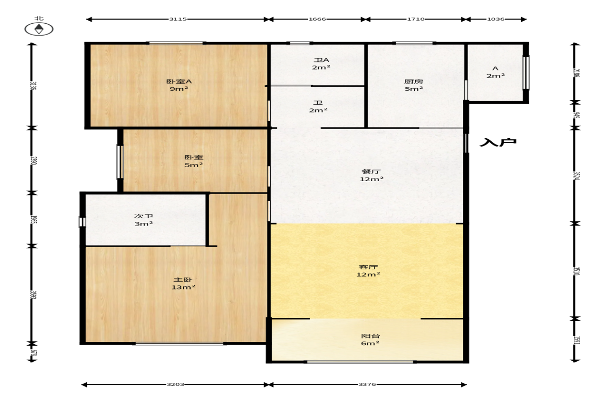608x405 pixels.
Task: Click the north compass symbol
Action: [x=39, y=29]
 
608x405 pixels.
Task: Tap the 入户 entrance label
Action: [x=498, y=142]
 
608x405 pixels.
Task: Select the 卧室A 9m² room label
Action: [x=179, y=85]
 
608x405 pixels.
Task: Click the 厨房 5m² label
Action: [x=414, y=85]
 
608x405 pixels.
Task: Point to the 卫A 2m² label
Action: [x=321, y=64]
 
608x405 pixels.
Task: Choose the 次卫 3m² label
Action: [x=144, y=220]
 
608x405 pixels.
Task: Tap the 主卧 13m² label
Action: [x=183, y=283]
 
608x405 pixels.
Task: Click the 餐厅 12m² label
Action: [x=371, y=175]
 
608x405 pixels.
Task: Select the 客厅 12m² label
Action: [x=368, y=271]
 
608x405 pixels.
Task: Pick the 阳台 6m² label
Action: [x=370, y=339]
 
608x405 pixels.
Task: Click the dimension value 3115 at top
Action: [x=178, y=19]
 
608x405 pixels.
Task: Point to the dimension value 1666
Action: [x=317, y=19]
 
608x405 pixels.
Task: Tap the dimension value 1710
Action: [x=416, y=19]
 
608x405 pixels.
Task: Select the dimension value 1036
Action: [x=495, y=19]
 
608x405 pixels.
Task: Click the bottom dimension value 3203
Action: [x=175, y=384]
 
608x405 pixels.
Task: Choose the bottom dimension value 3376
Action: [x=367, y=384]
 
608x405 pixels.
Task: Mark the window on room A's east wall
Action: [x=526, y=73]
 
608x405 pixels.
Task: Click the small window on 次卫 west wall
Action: [x=82, y=222]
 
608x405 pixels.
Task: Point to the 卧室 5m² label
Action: [x=194, y=161]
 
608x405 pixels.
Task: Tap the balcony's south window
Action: [x=360, y=362]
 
